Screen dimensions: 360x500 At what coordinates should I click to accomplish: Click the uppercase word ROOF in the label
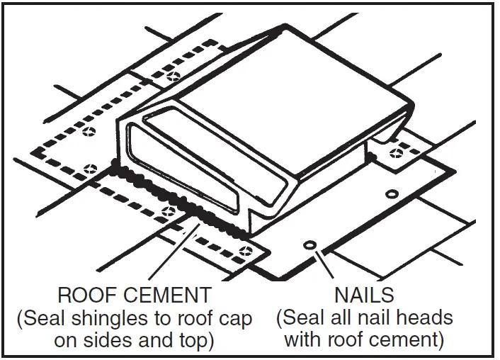pyautogui.click(x=85, y=295)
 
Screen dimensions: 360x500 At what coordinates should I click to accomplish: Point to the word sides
pyautogui.click(x=110, y=341)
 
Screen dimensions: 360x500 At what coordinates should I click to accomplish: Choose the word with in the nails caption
pyautogui.click(x=303, y=341)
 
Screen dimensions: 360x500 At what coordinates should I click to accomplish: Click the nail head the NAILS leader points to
pyautogui.click(x=309, y=245)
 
